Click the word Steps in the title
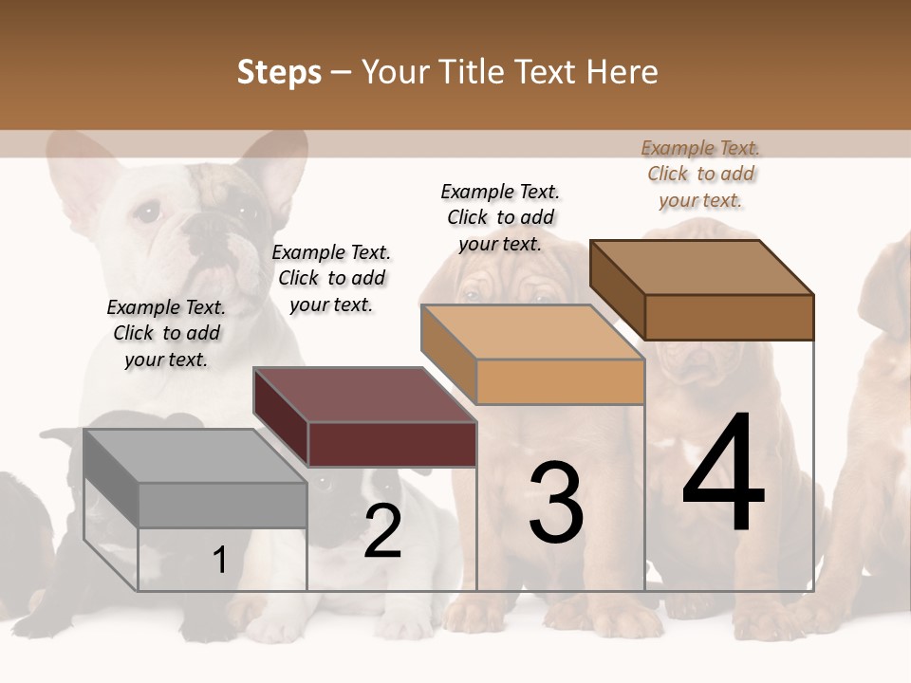pos(279,72)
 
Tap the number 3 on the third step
pos(556,503)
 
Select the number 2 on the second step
pos(382,531)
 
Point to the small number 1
pos(220,561)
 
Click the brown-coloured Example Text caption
pos(700,175)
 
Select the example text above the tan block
pos(500,217)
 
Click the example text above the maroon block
pos(331,278)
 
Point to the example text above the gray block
pos(166,333)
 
